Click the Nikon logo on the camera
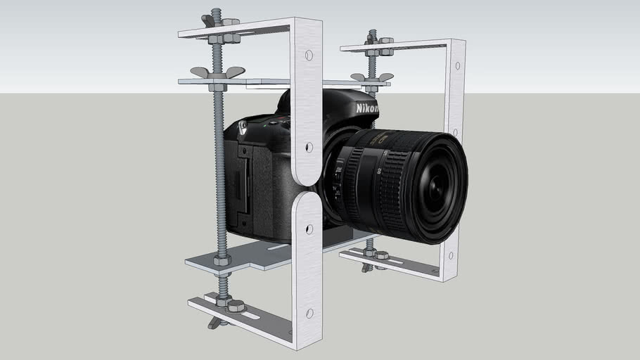click(x=366, y=109)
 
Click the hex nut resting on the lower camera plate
click(x=222, y=260)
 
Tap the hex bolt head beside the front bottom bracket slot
click(x=236, y=306)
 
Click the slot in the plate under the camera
click(x=279, y=247)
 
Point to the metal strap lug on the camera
click(x=243, y=127)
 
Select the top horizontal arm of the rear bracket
click(x=394, y=46)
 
